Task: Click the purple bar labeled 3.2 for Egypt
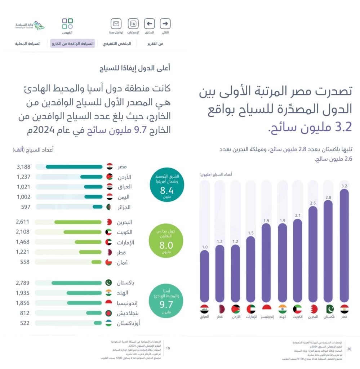pos(344,245)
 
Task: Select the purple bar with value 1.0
pos(204,276)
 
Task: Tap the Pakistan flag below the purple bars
pos(329,309)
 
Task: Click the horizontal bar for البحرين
pos(78,222)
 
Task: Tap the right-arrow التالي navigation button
pos(165,24)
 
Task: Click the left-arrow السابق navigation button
pos(149,24)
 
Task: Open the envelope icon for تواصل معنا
pos(116,24)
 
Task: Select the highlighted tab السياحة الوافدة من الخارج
pos(72,44)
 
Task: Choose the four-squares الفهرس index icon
pos(67,24)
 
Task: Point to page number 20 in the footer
pos(349,348)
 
